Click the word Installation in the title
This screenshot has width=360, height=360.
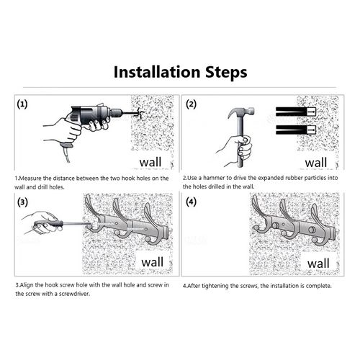pyautogui.click(x=157, y=72)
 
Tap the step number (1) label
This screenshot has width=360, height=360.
pyautogui.click(x=22, y=104)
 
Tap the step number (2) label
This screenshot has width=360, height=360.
pyautogui.click(x=192, y=104)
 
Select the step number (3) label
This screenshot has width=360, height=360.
pyautogui.click(x=22, y=202)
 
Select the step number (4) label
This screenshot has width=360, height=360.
pyautogui.click(x=192, y=202)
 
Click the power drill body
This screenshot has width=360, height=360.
pyautogui.click(x=92, y=114)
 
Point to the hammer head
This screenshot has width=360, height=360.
pyautogui.click(x=241, y=112)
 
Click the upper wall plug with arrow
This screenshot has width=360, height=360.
pyautogui.click(x=296, y=112)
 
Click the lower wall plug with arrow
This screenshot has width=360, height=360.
pyautogui.click(x=296, y=130)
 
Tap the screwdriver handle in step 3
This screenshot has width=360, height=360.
pyautogui.click(x=49, y=225)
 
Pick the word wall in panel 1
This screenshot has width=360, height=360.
pyautogui.click(x=150, y=162)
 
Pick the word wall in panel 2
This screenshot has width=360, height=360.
pyautogui.click(x=316, y=163)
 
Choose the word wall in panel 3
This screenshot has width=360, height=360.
pyautogui.click(x=152, y=262)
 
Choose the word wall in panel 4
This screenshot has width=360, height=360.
pyautogui.click(x=318, y=264)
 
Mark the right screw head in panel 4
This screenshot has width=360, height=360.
pyautogui.click(x=312, y=230)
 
